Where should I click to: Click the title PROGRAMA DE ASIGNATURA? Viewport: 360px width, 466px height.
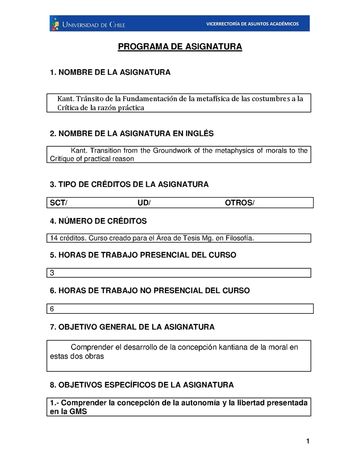click(180, 47)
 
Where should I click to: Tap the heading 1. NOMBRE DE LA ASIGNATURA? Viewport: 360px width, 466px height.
click(110, 72)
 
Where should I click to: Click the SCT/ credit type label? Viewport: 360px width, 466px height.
click(58, 203)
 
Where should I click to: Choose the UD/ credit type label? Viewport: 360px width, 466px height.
click(144, 203)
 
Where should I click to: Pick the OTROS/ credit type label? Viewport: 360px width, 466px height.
click(239, 203)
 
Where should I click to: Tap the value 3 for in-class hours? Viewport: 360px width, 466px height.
click(52, 273)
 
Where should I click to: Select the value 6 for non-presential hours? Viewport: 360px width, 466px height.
click(52, 309)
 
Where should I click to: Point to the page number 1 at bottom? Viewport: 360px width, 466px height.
click(308, 442)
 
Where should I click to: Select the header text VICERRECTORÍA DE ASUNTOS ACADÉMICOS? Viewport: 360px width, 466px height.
click(252, 24)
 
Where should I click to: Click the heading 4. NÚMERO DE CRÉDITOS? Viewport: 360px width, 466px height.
click(98, 221)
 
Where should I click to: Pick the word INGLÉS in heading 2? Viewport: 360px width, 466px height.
click(197, 134)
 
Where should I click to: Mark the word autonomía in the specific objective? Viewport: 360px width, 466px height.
click(202, 403)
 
